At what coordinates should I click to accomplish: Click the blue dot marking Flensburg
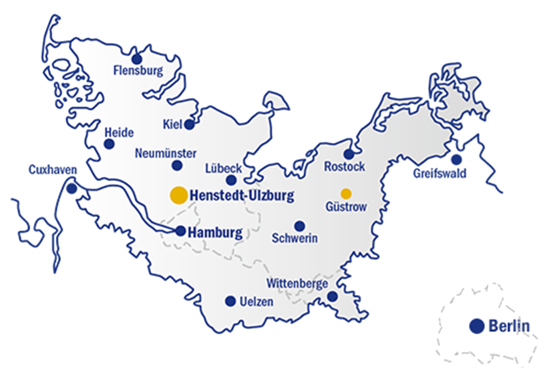click(137, 59)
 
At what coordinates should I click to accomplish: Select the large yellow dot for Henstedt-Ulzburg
click(178, 195)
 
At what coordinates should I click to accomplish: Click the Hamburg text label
click(216, 233)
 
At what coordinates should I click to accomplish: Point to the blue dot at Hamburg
click(180, 231)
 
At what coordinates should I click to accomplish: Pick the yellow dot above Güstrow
click(346, 194)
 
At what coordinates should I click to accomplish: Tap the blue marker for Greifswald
click(456, 160)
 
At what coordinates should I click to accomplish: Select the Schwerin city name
click(295, 238)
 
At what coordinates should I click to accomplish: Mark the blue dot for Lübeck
click(231, 180)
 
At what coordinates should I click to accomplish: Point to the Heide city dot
click(110, 144)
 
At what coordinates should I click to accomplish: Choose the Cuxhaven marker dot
click(71, 189)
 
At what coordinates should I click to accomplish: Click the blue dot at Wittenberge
click(332, 297)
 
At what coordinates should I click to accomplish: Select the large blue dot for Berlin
click(476, 326)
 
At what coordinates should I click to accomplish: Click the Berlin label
click(509, 327)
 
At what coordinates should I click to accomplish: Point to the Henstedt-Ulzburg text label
click(242, 196)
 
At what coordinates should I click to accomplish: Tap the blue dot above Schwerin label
click(299, 226)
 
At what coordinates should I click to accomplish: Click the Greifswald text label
click(439, 174)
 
